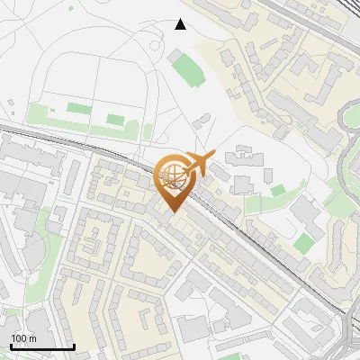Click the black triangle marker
[x=181, y=24]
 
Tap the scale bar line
[x=42, y=346]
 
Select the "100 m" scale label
[x=23, y=338]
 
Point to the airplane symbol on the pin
[x=196, y=164]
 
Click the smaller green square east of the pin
[x=277, y=190]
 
